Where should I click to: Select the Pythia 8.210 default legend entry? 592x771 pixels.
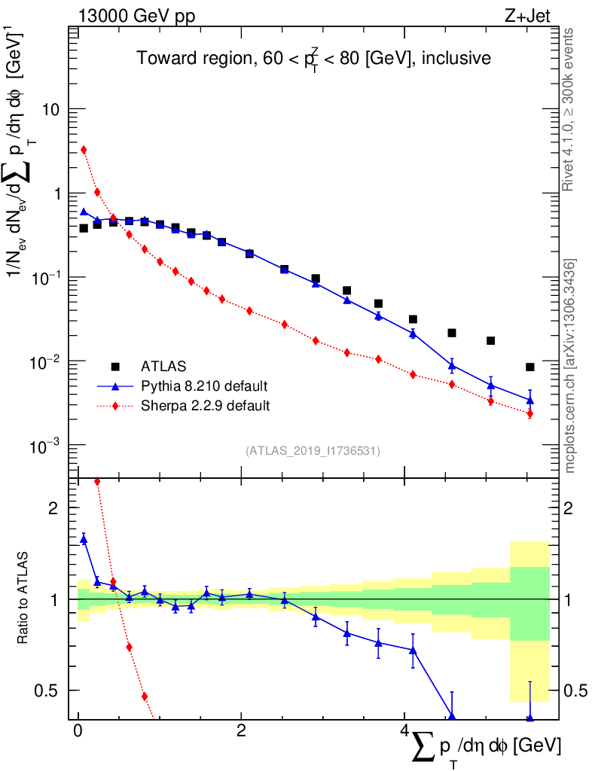tap(204, 386)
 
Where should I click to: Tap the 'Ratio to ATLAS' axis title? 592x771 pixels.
tap(24, 599)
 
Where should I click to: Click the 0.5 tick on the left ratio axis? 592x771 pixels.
tap(53, 690)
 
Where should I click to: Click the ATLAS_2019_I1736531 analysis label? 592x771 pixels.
tap(312, 451)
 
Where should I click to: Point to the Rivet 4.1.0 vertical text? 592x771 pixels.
tap(569, 110)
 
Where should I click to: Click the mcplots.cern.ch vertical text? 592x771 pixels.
tap(570, 366)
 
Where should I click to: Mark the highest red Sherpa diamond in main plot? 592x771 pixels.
tap(84, 150)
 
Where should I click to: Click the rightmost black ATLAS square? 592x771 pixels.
tap(530, 367)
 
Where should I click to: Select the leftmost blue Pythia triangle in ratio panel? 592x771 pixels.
tap(84, 539)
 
